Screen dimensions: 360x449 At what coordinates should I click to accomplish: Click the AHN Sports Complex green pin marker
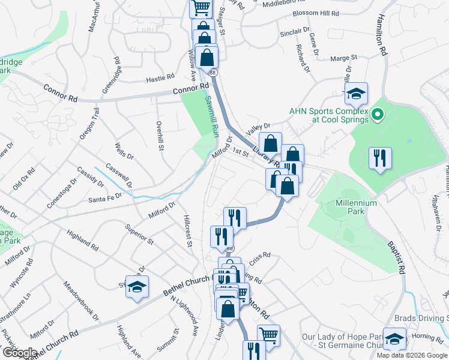(x=378, y=113)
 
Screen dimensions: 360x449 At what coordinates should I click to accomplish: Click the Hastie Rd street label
(x=160, y=77)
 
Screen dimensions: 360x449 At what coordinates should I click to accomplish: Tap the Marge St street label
(x=343, y=58)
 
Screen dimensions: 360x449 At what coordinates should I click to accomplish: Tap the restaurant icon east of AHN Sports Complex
(x=379, y=158)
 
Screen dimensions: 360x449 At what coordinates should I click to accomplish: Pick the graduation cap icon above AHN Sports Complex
(x=356, y=93)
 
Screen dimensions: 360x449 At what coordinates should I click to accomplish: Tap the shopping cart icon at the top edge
(x=201, y=7)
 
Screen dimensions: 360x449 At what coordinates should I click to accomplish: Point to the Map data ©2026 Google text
(x=412, y=355)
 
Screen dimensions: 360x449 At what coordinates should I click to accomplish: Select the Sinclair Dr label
(x=295, y=29)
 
